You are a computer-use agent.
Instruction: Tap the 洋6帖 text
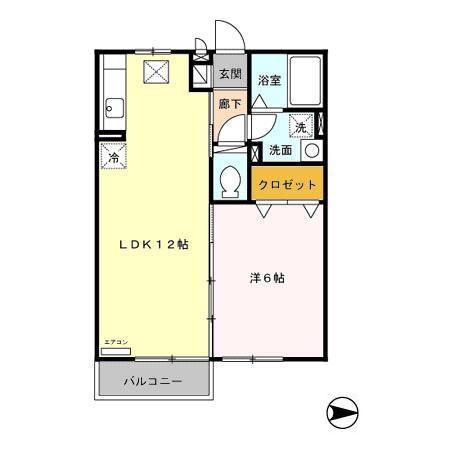coord(267,278)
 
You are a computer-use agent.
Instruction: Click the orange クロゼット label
coord(287,184)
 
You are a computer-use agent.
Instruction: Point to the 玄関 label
coord(230,75)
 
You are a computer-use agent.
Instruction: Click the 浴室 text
coord(267,80)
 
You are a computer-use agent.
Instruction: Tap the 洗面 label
coord(280,150)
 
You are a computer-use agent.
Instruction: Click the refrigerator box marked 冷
coord(113,157)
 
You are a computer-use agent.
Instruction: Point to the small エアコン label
coord(116,344)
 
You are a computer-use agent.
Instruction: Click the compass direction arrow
coord(343,411)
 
